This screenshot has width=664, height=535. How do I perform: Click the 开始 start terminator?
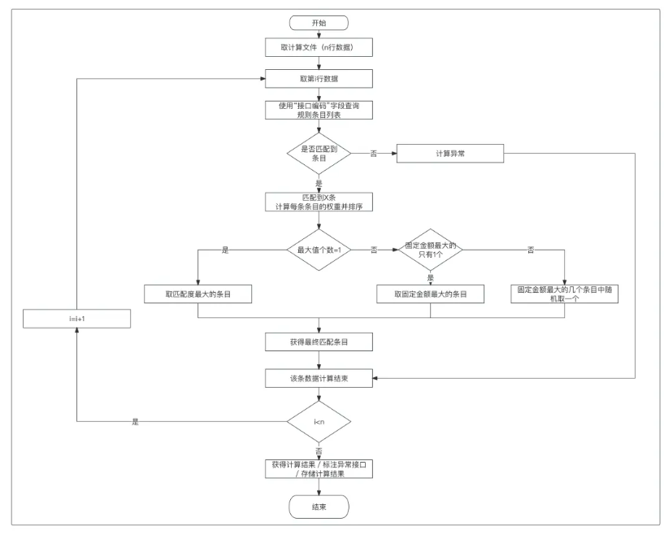click(319, 23)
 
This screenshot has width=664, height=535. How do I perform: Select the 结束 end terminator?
click(319, 507)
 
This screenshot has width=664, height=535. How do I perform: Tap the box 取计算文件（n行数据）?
click(319, 47)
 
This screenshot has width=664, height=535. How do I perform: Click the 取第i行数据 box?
click(319, 79)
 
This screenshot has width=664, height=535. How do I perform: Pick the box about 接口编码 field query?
click(319, 110)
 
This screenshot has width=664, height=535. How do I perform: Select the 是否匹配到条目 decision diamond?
click(319, 154)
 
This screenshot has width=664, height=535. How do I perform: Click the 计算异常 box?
click(450, 154)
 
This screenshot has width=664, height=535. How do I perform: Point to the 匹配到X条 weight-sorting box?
click(319, 202)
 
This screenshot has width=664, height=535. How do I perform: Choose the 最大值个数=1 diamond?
click(319, 250)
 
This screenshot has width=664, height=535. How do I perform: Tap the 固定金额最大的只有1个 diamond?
click(430, 250)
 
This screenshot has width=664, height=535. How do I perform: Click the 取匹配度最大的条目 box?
click(197, 294)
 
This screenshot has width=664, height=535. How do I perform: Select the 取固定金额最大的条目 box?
click(430, 294)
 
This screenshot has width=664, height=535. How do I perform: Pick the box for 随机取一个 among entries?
click(565, 294)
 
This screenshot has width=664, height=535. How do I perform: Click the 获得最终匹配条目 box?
click(319, 341)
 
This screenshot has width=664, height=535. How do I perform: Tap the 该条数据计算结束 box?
click(319, 378)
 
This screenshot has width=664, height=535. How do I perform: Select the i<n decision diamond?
click(319, 421)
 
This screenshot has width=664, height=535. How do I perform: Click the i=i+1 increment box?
click(76, 319)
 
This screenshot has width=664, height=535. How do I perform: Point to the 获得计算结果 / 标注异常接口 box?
click(319, 469)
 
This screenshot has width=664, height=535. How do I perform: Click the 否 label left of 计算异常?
click(374, 154)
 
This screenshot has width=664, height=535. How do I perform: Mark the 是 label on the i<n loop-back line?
click(135, 422)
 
